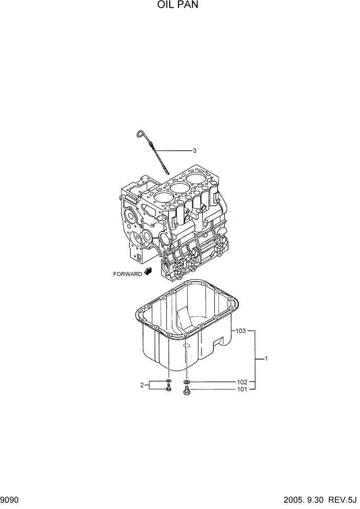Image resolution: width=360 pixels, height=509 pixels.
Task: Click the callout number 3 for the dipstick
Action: click(x=194, y=151)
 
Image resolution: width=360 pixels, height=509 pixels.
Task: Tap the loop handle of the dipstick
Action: click(x=139, y=134)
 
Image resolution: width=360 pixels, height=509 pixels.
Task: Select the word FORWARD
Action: click(x=127, y=275)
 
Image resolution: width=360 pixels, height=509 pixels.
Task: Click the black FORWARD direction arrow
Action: click(x=149, y=272)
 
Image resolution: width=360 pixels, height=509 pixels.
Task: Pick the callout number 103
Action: click(x=242, y=331)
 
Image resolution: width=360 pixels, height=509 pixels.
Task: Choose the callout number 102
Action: click(x=242, y=382)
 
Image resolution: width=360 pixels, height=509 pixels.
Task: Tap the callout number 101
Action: click(x=242, y=389)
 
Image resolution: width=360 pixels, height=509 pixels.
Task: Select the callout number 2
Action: click(x=142, y=385)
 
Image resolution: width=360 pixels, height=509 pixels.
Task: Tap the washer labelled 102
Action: click(x=187, y=382)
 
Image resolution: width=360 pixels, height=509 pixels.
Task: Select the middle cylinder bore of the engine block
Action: click(x=180, y=188)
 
